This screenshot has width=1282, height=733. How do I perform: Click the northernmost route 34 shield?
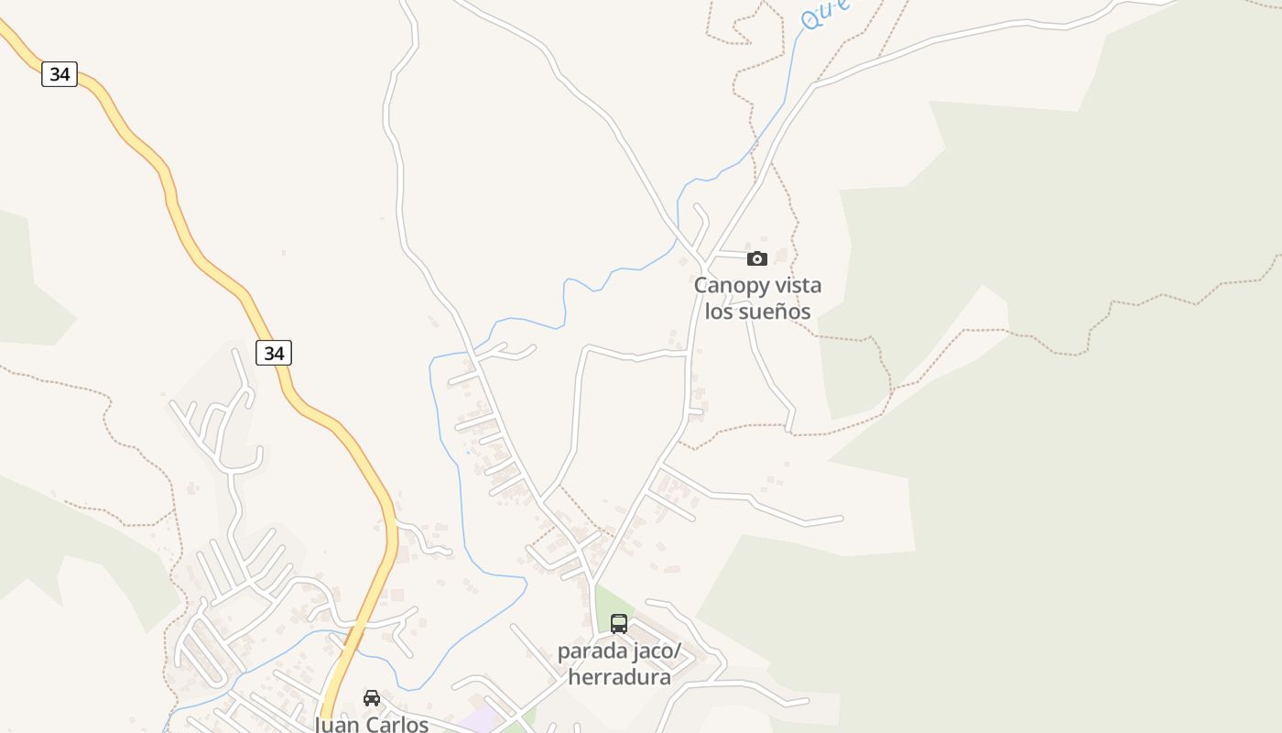tap(60, 74)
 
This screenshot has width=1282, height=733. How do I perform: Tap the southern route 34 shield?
tap(273, 353)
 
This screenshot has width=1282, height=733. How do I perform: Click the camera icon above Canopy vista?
tap(757, 258)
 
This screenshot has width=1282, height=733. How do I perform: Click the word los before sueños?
tap(719, 312)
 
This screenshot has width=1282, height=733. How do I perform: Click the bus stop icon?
tap(619, 624)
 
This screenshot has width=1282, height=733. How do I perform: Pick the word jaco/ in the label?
tap(663, 651)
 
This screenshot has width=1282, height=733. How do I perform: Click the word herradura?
tap(620, 677)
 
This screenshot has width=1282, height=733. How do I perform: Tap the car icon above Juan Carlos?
tap(372, 698)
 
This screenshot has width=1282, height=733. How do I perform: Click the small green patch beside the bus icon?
tap(604, 605)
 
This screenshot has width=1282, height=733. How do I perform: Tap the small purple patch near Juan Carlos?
tap(477, 718)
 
